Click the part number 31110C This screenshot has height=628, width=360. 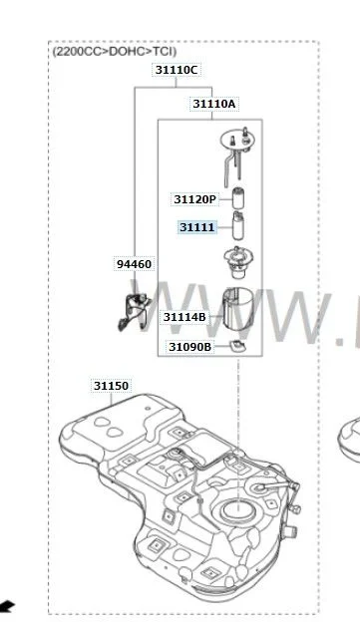[176, 70]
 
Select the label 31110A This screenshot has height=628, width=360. [214, 104]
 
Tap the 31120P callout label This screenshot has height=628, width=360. [194, 199]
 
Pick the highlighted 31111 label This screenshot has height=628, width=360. [196, 227]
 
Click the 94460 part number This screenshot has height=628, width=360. [134, 264]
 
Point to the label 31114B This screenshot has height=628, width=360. [184, 317]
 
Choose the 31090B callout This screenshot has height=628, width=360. [189, 347]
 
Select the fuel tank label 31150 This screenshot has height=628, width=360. [111, 386]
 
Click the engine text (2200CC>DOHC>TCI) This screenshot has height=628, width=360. [115, 51]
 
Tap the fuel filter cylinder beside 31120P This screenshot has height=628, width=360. [238, 197]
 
